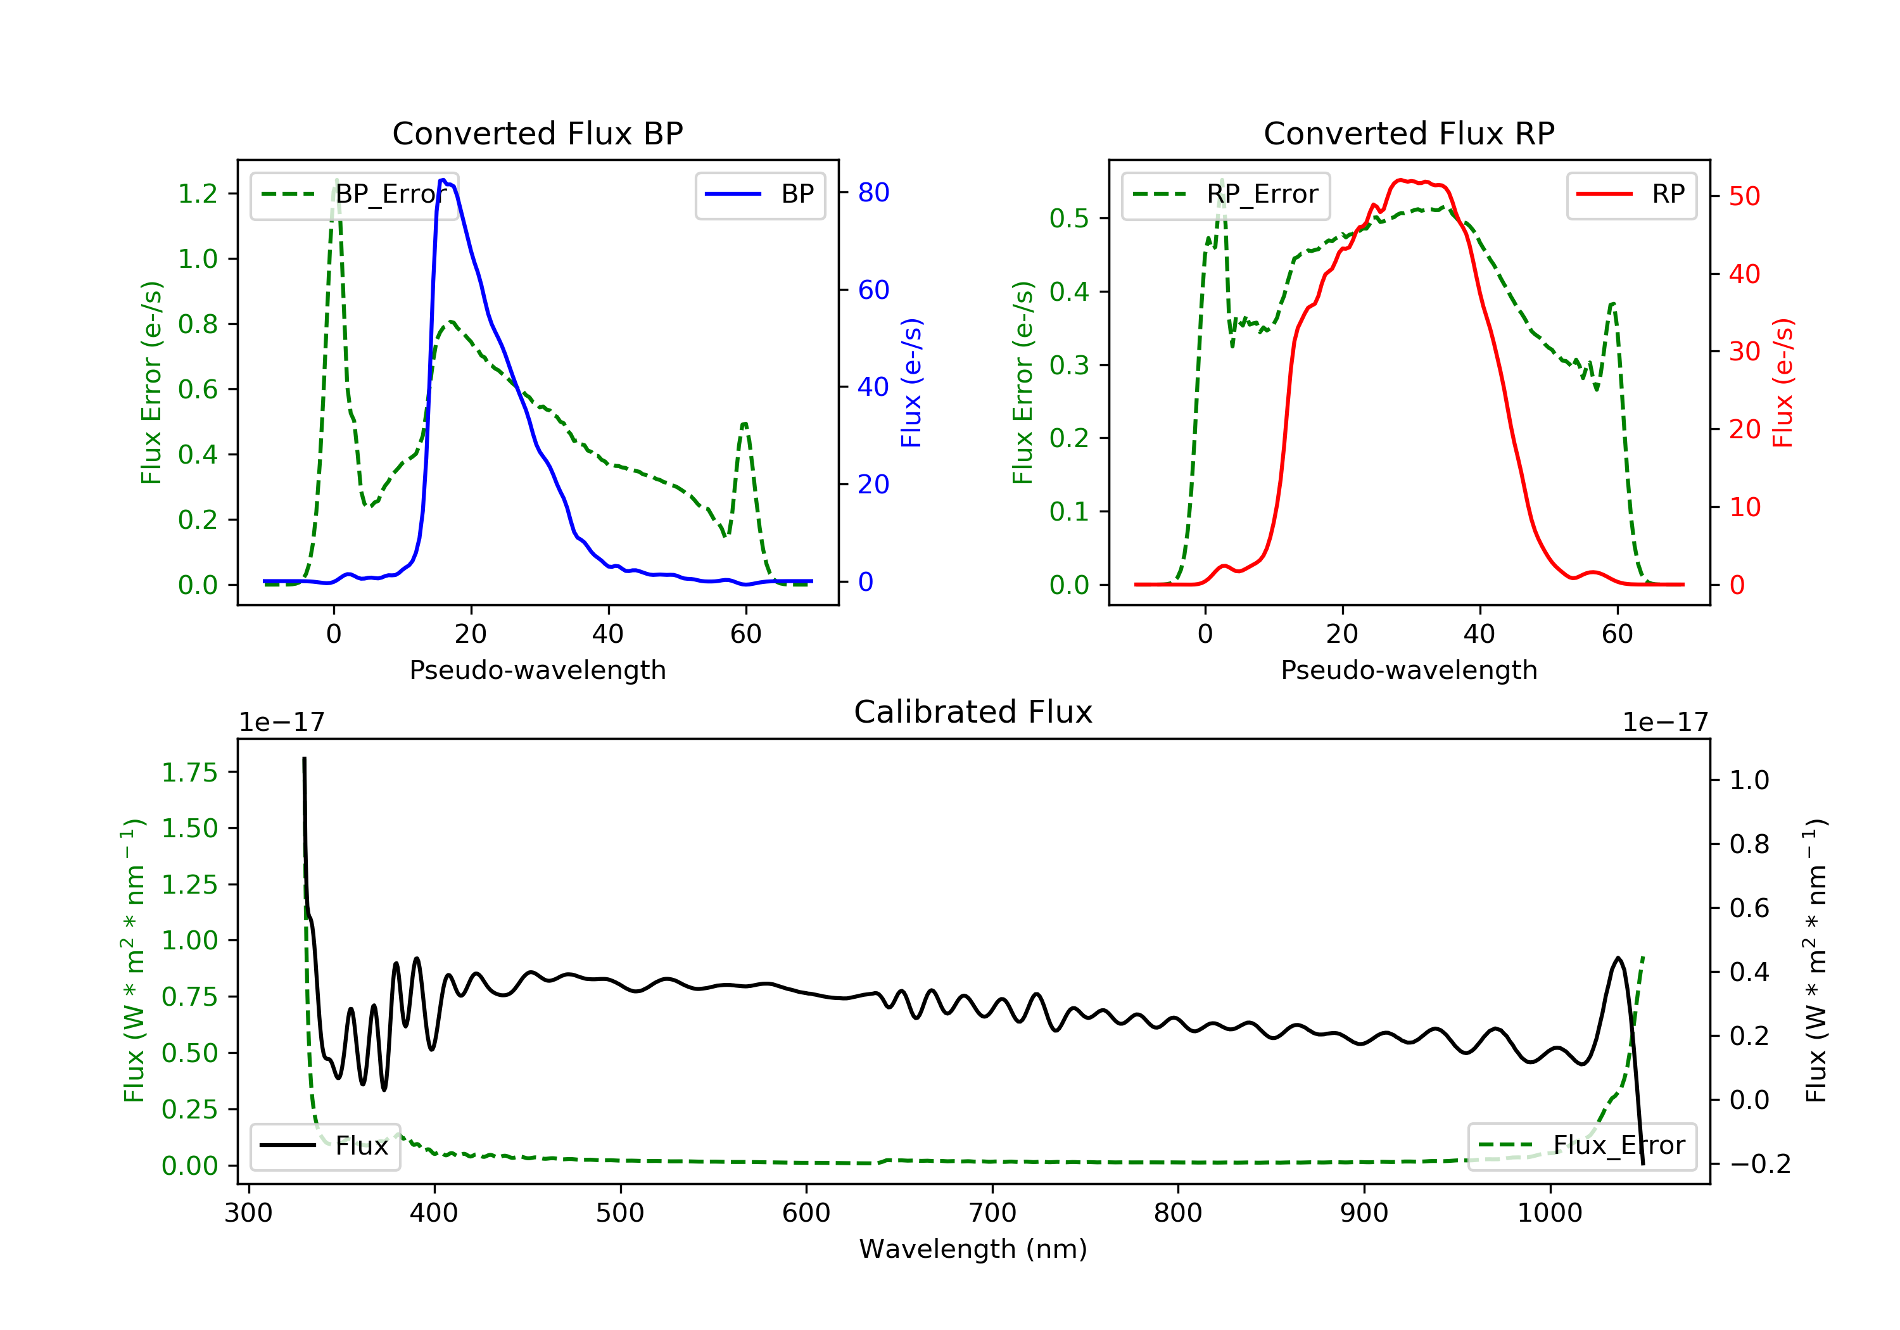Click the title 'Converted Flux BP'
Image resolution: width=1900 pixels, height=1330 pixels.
click(537, 133)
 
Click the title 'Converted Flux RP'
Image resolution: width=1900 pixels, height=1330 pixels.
click(1409, 133)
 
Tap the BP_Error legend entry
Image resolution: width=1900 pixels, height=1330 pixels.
click(354, 194)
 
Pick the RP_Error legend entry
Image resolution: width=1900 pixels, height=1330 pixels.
click(1225, 194)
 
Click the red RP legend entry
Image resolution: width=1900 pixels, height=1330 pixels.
click(1631, 194)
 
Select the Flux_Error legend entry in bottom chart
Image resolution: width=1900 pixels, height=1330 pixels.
click(1581, 1146)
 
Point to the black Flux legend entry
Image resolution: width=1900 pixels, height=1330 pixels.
click(326, 1146)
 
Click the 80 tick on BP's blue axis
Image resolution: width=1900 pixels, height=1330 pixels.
click(873, 193)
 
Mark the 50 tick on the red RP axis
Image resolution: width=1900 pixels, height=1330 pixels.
click(1744, 197)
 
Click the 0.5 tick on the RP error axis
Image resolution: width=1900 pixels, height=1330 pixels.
click(1069, 218)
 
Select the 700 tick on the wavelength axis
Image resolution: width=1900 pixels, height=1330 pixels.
click(992, 1213)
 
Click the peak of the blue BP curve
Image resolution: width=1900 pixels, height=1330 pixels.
click(443, 180)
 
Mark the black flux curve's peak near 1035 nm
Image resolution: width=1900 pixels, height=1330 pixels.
click(1617, 958)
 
